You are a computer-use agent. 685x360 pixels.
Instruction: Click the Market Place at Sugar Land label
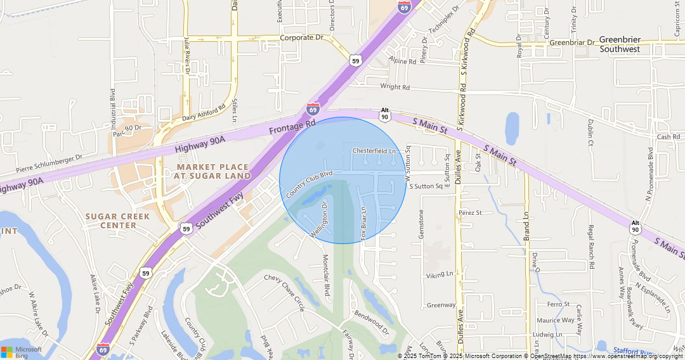pyautogui.click(x=213, y=170)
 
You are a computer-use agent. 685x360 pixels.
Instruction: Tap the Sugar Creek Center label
pyautogui.click(x=118, y=221)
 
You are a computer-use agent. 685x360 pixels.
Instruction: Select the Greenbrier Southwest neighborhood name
pyautogui.click(x=620, y=44)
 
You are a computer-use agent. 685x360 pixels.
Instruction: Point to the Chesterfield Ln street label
pyautogui.click(x=374, y=151)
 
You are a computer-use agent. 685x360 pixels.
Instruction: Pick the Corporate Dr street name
pyautogui.click(x=302, y=37)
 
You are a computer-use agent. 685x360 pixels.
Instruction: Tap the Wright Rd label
pyautogui.click(x=395, y=87)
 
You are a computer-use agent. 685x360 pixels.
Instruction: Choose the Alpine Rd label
pyautogui.click(x=403, y=61)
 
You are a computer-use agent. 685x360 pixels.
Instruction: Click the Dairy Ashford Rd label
pyautogui.click(x=204, y=113)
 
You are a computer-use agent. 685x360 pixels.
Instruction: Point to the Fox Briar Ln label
pyautogui.click(x=364, y=222)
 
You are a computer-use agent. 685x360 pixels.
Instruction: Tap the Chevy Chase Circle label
pyautogui.click(x=284, y=293)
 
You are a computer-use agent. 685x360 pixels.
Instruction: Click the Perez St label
pyautogui.click(x=471, y=213)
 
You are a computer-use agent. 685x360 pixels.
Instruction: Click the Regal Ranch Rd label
pyautogui.click(x=590, y=247)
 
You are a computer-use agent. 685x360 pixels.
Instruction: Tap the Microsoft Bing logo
pyautogui.click(x=22, y=352)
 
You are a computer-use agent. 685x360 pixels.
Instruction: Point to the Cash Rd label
pyautogui.click(x=669, y=137)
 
